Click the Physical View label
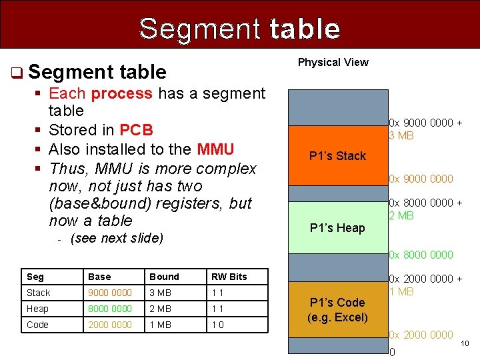(333, 63)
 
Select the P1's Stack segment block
(337, 156)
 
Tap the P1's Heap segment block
(337, 228)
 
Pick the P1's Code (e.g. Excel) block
(337, 309)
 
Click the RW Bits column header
(229, 277)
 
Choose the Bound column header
(164, 277)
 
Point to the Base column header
(99, 277)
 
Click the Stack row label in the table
(39, 293)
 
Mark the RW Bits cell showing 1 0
(218, 325)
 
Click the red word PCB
(136, 129)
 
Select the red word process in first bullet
(121, 93)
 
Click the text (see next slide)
(117, 238)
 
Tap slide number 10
(465, 343)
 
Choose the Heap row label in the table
(37, 309)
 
